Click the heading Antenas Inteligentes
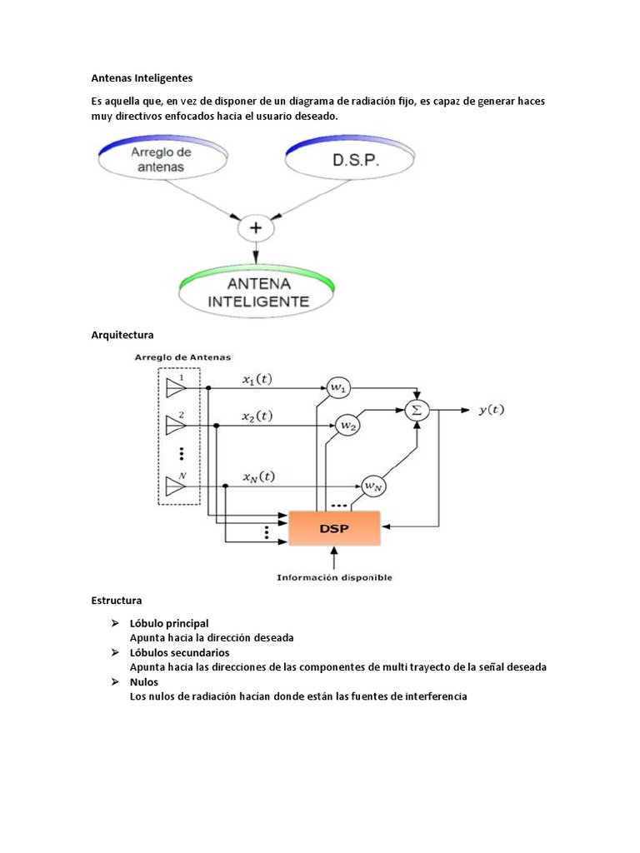[x=141, y=78]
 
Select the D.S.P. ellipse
[x=349, y=159]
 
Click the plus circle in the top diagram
[x=256, y=227]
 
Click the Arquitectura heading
[x=122, y=335]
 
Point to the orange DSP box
[x=333, y=526]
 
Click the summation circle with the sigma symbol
[x=416, y=409]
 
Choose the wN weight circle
[x=371, y=486]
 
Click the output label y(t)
[x=491, y=409]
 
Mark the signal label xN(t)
[x=259, y=476]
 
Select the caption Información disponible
[x=335, y=577]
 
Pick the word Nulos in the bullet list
[x=143, y=681]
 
